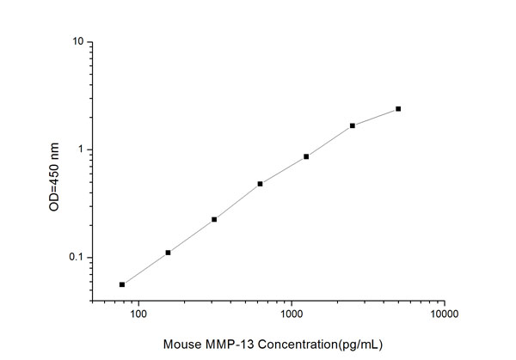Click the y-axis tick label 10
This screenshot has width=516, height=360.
point(77,42)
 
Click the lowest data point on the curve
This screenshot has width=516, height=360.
point(122,284)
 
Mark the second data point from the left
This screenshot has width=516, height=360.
point(168,253)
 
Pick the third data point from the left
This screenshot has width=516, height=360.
point(214,219)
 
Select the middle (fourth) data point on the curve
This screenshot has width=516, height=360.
point(260,184)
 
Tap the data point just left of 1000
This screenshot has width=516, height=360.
point(260,184)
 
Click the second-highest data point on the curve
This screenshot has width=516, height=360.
point(353,125)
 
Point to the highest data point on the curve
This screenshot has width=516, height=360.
point(398,109)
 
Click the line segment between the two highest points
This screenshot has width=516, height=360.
point(376,118)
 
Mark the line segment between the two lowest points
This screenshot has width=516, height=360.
point(144,269)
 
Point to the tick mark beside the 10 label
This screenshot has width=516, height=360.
point(91,42)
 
